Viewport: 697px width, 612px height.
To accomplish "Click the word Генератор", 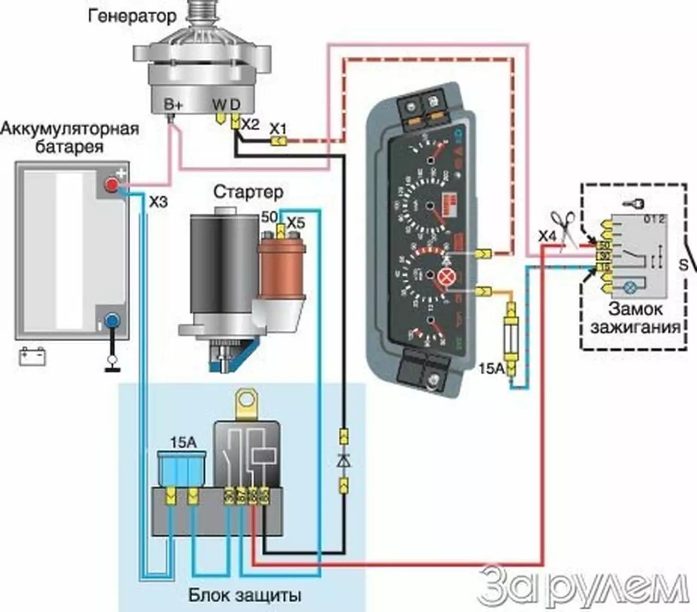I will [132, 16].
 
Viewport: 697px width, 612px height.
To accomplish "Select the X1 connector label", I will [278, 129].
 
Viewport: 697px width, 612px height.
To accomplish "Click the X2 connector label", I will [250, 124].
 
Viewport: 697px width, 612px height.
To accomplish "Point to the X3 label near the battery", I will [158, 202].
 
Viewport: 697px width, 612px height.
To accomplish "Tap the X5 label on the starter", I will [296, 223].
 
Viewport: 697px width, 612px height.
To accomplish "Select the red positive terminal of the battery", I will [111, 186].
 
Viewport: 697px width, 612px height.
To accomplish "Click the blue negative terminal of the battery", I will [112, 320].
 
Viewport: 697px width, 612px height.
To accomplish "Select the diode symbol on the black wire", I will [344, 461].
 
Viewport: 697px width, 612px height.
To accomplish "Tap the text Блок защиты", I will [244, 595].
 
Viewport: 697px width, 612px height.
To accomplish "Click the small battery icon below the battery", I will [33, 356].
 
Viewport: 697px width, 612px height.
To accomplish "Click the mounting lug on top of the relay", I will [247, 402].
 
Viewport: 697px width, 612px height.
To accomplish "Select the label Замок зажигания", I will [635, 318].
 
